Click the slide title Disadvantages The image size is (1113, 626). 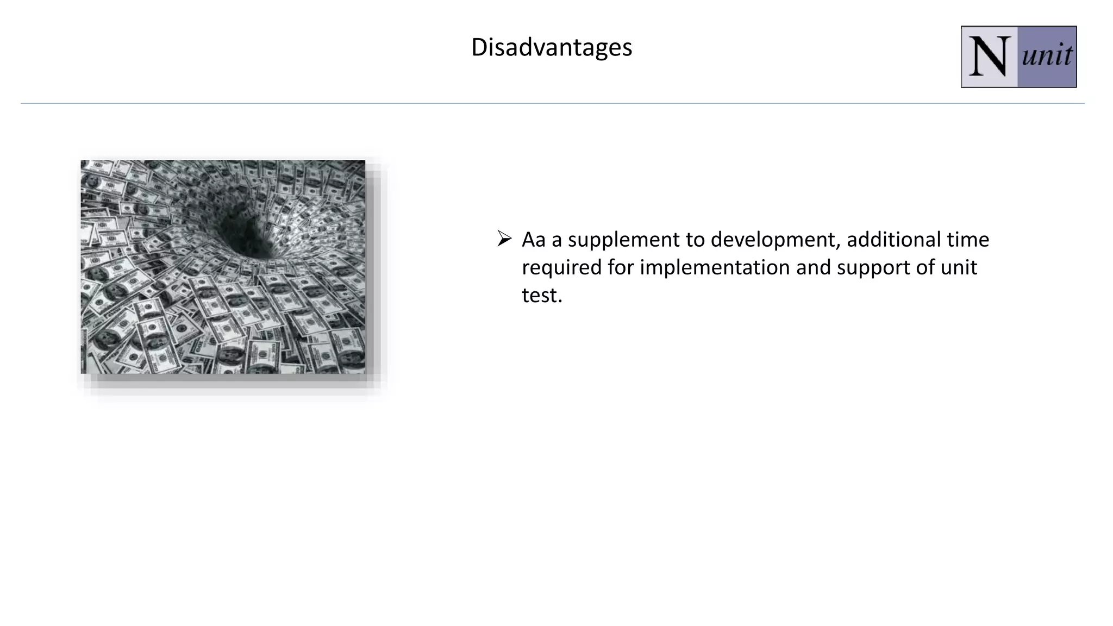[x=551, y=47]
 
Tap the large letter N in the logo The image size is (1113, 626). [x=989, y=57]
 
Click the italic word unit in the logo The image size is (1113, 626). [x=1047, y=56]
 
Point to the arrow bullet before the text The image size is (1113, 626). [x=504, y=239]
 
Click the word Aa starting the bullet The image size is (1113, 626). [x=533, y=240]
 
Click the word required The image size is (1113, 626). [x=561, y=268]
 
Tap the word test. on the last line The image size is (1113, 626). [x=542, y=296]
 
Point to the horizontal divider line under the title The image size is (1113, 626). [x=552, y=103]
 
